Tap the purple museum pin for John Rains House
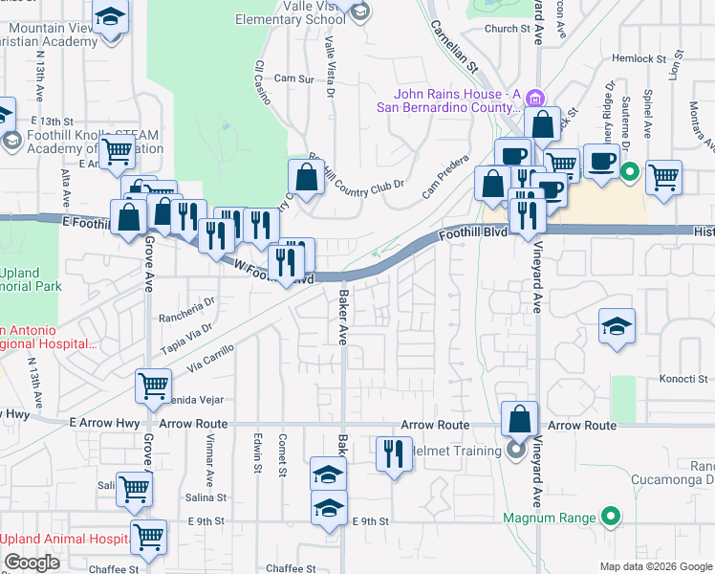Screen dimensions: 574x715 click(x=535, y=97)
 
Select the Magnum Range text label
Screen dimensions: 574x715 click(x=550, y=519)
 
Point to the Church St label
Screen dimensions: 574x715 click(x=507, y=29)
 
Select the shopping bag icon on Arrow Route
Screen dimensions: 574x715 click(x=519, y=419)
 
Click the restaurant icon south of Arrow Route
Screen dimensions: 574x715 click(x=393, y=453)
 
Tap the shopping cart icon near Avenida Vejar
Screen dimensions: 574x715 click(x=153, y=386)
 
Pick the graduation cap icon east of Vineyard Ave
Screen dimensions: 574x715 click(x=617, y=326)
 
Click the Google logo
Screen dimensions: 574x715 click(x=32, y=563)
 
